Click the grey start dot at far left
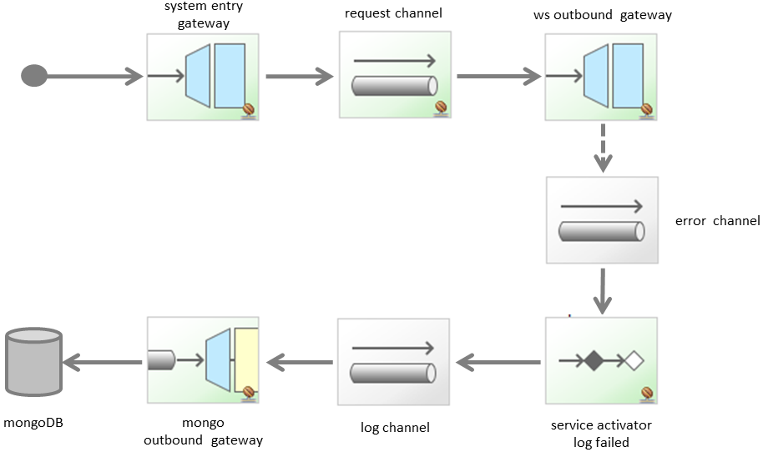(x=34, y=76)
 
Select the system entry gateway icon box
(x=203, y=77)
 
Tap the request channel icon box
(x=395, y=75)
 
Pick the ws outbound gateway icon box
(x=601, y=77)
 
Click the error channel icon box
(x=601, y=221)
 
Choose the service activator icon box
(x=601, y=361)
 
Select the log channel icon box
(x=393, y=362)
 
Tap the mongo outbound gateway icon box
(x=203, y=361)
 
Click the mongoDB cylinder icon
(x=33, y=361)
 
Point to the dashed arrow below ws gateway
(x=601, y=148)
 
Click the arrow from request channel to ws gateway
(x=498, y=76)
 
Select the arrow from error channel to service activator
(x=601, y=292)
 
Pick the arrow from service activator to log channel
(x=498, y=362)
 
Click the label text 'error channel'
(x=717, y=221)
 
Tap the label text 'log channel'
(x=395, y=428)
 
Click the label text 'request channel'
(x=393, y=14)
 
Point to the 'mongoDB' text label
(x=33, y=423)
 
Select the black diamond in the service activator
(x=593, y=361)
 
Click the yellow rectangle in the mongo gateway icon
(x=247, y=361)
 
